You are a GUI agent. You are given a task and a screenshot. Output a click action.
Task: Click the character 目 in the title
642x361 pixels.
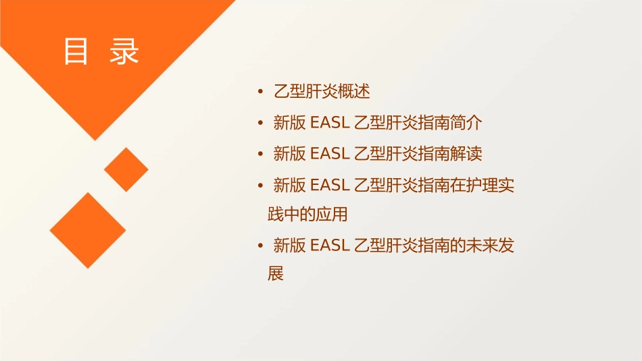coord(76,52)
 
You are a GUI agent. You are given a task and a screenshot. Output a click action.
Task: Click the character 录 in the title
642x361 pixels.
coord(124,52)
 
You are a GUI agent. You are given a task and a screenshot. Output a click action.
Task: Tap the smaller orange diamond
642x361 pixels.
coord(126,169)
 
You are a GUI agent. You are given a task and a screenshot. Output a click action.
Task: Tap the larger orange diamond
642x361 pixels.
coord(88,230)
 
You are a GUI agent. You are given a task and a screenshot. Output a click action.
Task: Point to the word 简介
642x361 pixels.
coord(466,123)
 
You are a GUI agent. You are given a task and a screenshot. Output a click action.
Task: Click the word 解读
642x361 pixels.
coord(466,154)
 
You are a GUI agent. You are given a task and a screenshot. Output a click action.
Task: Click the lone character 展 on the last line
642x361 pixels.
coord(275,275)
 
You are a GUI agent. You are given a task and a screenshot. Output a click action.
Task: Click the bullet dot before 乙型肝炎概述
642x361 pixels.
coord(260,92)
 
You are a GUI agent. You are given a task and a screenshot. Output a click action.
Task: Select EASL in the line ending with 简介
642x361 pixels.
coord(329,123)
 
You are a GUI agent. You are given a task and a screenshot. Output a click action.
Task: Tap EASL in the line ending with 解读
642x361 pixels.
coord(329,154)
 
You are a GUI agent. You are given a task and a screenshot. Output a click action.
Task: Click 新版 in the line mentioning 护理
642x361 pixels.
coord(289,185)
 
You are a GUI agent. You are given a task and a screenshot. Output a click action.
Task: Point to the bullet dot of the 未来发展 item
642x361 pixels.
coord(260,246)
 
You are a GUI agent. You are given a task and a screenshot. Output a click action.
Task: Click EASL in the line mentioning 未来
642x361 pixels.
coord(329,246)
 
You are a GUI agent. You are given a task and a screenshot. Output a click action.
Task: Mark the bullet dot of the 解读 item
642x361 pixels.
coord(260,154)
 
